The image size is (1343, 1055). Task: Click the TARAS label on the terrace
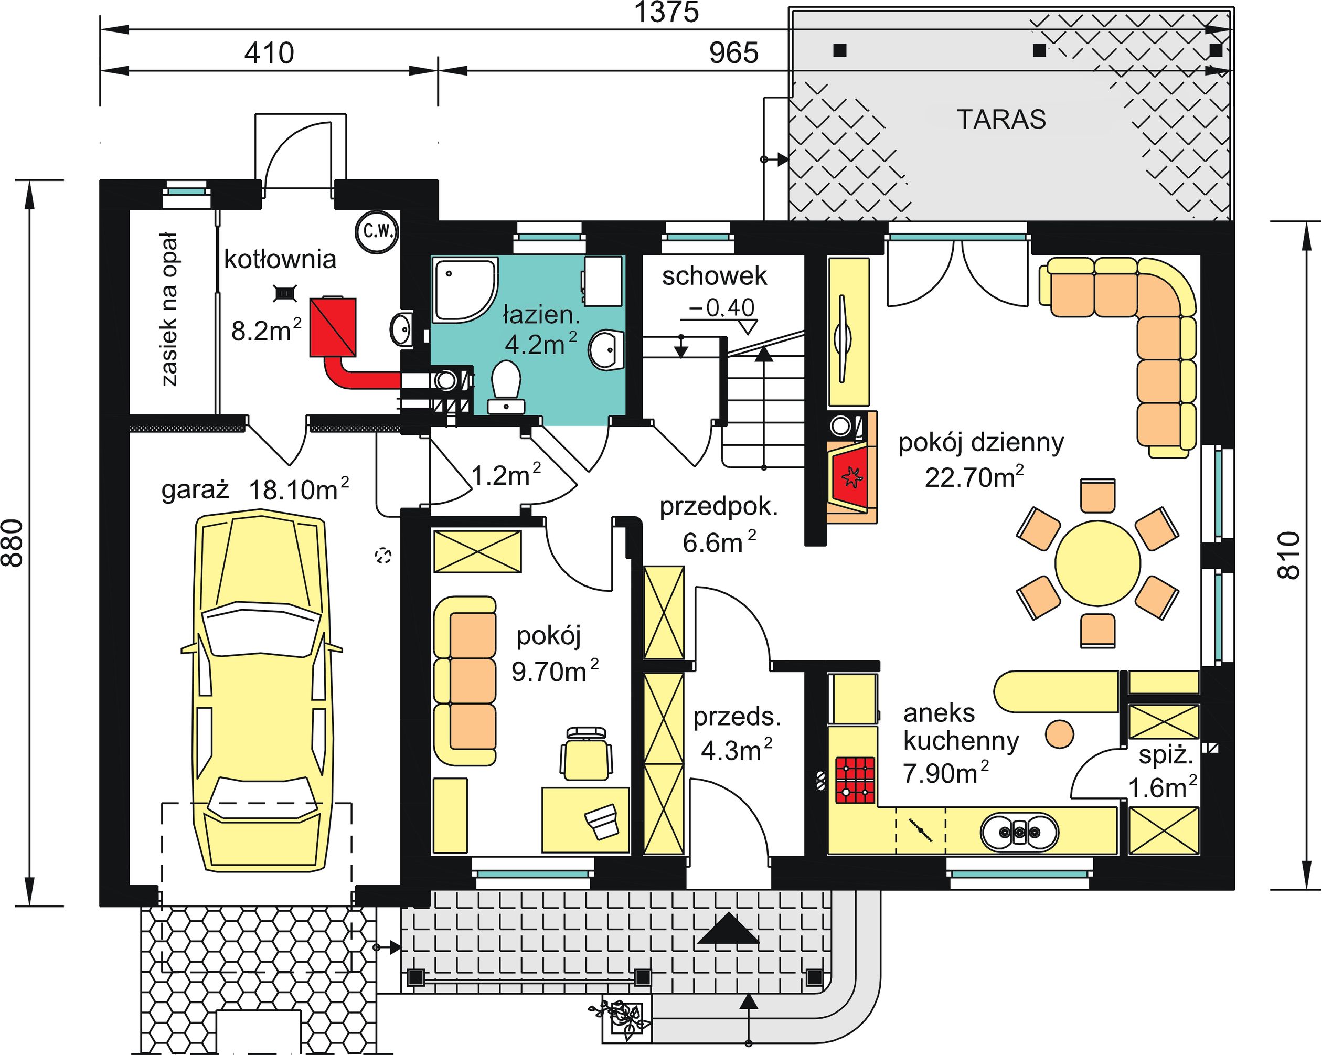click(x=1001, y=119)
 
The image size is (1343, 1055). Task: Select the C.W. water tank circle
click(x=377, y=232)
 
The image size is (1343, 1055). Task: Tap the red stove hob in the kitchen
click(x=856, y=780)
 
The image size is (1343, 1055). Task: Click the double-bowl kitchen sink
click(x=1019, y=833)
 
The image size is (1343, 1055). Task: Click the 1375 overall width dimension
click(x=667, y=13)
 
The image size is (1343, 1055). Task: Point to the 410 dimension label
click(x=269, y=53)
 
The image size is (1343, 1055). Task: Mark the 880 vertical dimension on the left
click(x=14, y=543)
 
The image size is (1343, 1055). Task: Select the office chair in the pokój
click(x=587, y=753)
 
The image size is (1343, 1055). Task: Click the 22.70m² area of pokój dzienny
click(x=974, y=477)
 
